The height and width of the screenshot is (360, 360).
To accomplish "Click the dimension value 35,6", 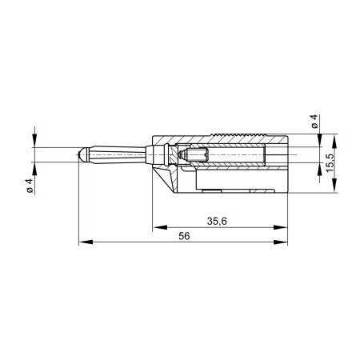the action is (x=217, y=221).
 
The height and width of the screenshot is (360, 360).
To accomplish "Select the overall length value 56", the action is (x=184, y=236).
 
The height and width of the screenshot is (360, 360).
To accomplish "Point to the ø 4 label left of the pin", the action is (x=29, y=185).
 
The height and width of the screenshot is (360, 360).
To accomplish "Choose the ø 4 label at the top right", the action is (x=314, y=121).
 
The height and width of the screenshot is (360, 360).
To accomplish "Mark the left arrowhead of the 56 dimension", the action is (x=86, y=242).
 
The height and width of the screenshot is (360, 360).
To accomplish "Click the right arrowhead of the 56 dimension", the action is (x=281, y=242).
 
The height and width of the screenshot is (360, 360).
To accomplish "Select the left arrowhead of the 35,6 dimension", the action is (x=160, y=227).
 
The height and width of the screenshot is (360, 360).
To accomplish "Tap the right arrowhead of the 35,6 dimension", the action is (x=281, y=227).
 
